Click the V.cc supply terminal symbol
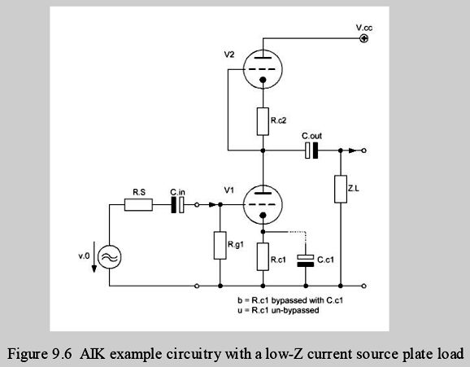[364, 38]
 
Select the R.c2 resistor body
[263, 121]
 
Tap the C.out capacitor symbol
[311, 151]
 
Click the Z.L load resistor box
[341, 189]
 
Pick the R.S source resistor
[138, 204]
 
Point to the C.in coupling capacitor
[177, 204]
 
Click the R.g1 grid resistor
[220, 246]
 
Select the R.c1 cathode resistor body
[263, 257]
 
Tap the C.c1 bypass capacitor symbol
[306, 260]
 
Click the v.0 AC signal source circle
[110, 257]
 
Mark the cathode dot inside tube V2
[263, 80]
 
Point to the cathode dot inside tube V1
[263, 215]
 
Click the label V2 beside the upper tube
[229, 55]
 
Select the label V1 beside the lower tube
[229, 190]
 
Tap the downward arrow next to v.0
[94, 257]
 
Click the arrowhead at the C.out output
[353, 151]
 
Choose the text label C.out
[311, 136]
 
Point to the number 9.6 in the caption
[63, 354]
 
